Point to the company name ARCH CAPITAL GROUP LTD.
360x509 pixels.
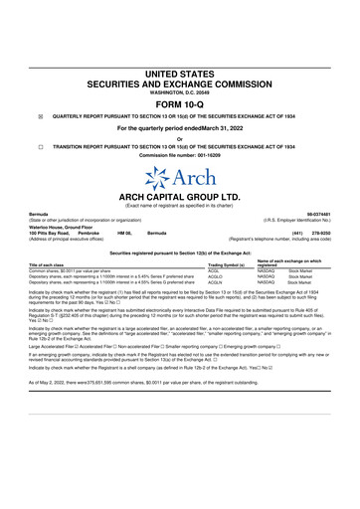tap(179, 198)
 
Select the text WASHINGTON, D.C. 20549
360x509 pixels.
tap(179, 91)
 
